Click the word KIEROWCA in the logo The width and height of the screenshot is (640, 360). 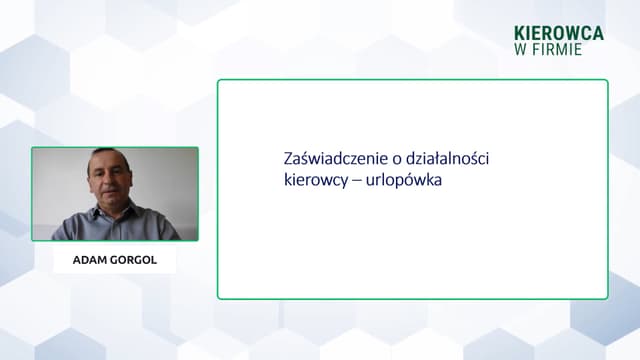559,33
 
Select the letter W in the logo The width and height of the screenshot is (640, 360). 521,49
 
